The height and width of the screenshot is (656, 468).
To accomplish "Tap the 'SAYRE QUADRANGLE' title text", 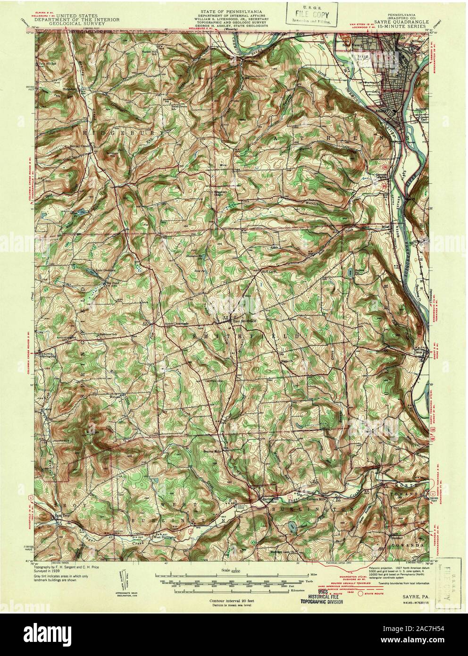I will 402,22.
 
